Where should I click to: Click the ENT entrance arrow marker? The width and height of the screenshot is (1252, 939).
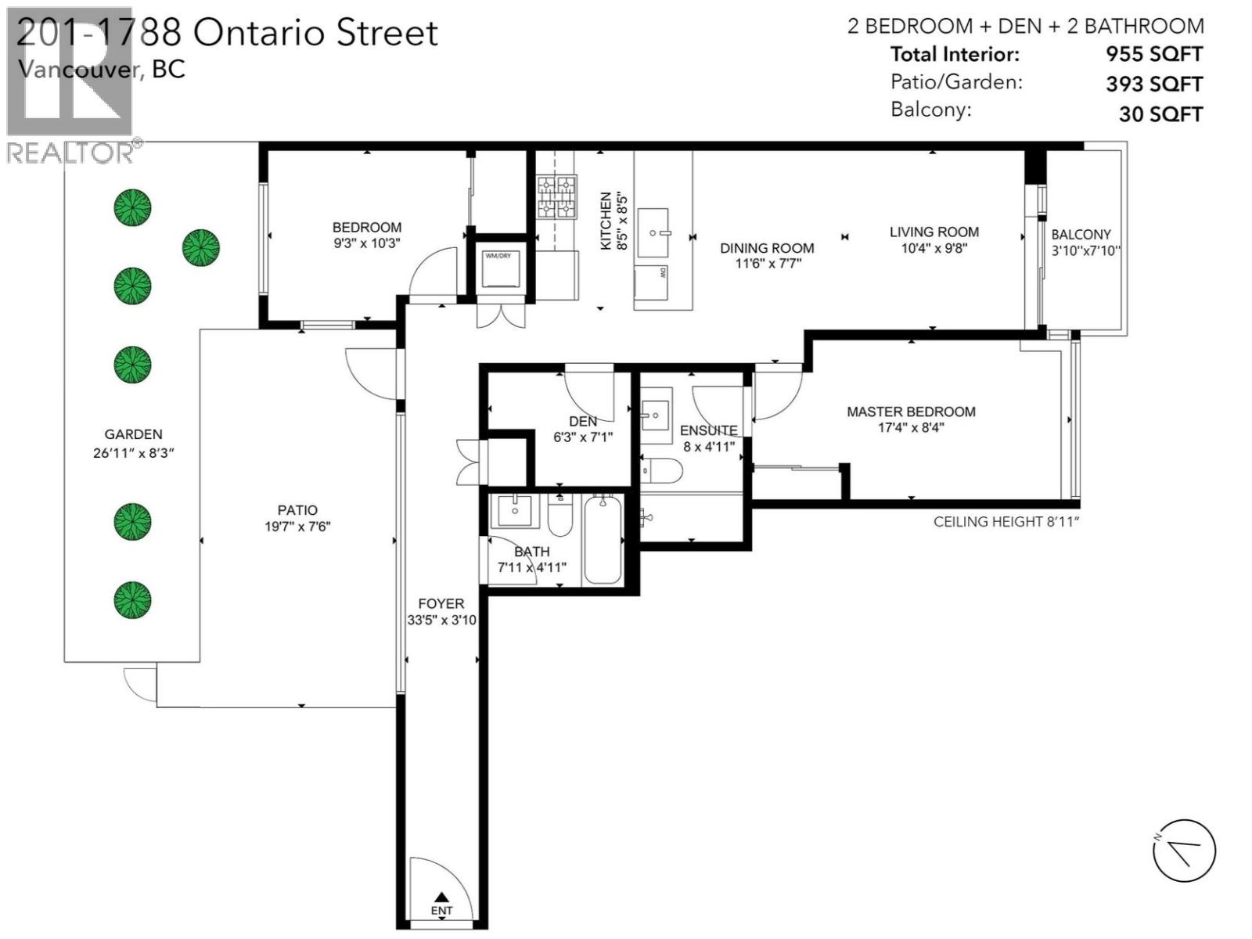(x=441, y=898)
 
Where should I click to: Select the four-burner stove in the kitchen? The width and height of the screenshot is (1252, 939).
(x=556, y=196)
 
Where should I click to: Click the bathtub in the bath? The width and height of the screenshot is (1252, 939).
(x=603, y=540)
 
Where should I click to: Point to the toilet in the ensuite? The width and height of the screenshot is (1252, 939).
(x=662, y=470)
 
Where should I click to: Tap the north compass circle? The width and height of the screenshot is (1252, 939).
(x=1184, y=851)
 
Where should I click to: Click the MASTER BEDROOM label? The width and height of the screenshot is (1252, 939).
(x=911, y=412)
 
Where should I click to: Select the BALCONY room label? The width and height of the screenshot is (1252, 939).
(x=1081, y=235)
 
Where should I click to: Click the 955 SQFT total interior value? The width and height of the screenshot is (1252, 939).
(x=1153, y=54)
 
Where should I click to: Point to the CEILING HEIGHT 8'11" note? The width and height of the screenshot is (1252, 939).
(x=1006, y=522)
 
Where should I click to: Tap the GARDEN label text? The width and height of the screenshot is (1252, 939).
(x=133, y=434)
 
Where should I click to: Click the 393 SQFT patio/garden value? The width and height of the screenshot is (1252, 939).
(x=1153, y=84)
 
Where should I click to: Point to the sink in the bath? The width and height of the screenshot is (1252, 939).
(x=514, y=511)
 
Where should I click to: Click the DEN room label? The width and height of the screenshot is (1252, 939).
(x=583, y=422)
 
